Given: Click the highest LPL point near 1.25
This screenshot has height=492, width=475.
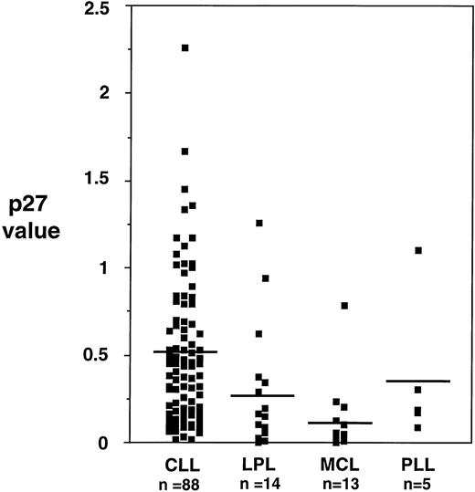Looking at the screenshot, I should pyautogui.click(x=259, y=223).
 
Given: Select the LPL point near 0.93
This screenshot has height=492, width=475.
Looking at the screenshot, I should pyautogui.click(x=266, y=278).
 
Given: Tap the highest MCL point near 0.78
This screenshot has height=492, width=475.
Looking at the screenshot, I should pyautogui.click(x=344, y=305).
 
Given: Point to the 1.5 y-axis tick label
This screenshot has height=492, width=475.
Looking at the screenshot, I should pyautogui.click(x=119, y=180).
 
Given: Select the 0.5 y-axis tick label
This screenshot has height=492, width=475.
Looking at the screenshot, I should pyautogui.click(x=119, y=355).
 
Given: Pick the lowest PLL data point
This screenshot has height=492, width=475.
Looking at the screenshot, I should pyautogui.click(x=417, y=427).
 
